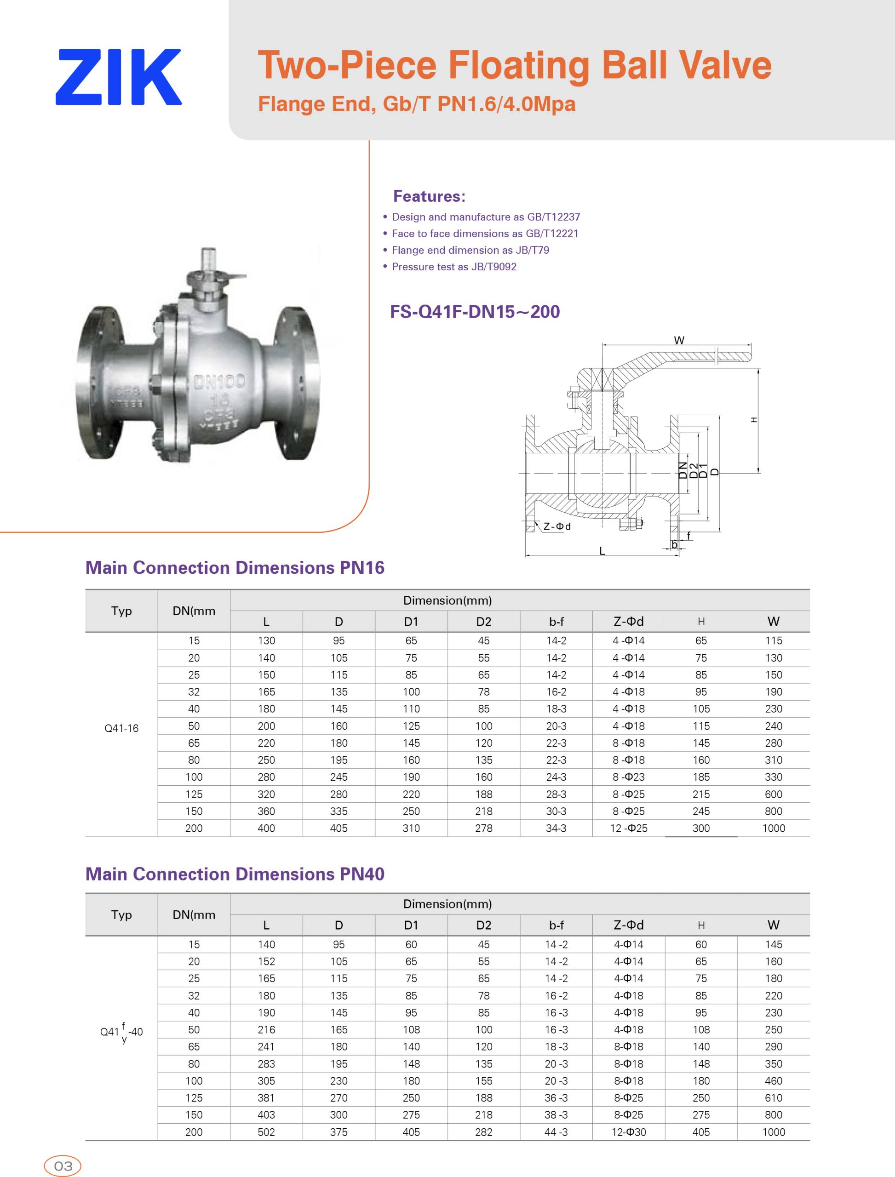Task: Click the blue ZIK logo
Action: [x=118, y=77]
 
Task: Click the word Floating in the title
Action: [x=519, y=65]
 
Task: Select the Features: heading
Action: [x=429, y=196]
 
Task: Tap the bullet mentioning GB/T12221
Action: [x=485, y=233]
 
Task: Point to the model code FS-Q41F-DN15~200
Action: [x=475, y=312]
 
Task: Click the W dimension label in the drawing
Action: [x=679, y=340]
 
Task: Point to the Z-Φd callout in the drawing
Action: [x=557, y=526]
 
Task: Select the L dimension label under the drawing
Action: [x=602, y=551]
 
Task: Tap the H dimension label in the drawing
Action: [x=753, y=420]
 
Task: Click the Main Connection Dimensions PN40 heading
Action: [x=235, y=874]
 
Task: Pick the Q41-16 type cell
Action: [x=121, y=728]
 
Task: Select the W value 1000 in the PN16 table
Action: [x=774, y=828]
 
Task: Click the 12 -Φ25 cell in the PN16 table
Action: [x=629, y=828]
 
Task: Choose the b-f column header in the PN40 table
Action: [x=556, y=925]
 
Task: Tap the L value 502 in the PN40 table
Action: [x=266, y=1132]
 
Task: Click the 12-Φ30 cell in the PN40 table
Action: [x=629, y=1132]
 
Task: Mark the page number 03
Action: [x=63, y=1166]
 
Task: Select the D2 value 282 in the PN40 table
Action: [x=484, y=1132]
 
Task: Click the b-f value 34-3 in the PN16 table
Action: [x=556, y=828]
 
